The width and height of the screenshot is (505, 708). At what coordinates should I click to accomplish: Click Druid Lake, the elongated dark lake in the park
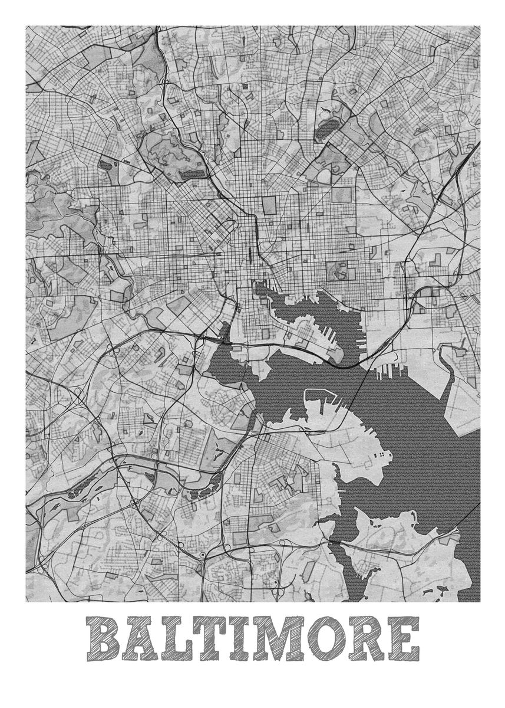(192, 173)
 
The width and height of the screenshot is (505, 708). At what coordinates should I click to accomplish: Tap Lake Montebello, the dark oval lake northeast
(328, 128)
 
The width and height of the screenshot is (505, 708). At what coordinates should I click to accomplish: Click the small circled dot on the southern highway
(203, 555)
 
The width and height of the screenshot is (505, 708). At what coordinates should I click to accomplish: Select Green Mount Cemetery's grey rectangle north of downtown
(269, 205)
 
